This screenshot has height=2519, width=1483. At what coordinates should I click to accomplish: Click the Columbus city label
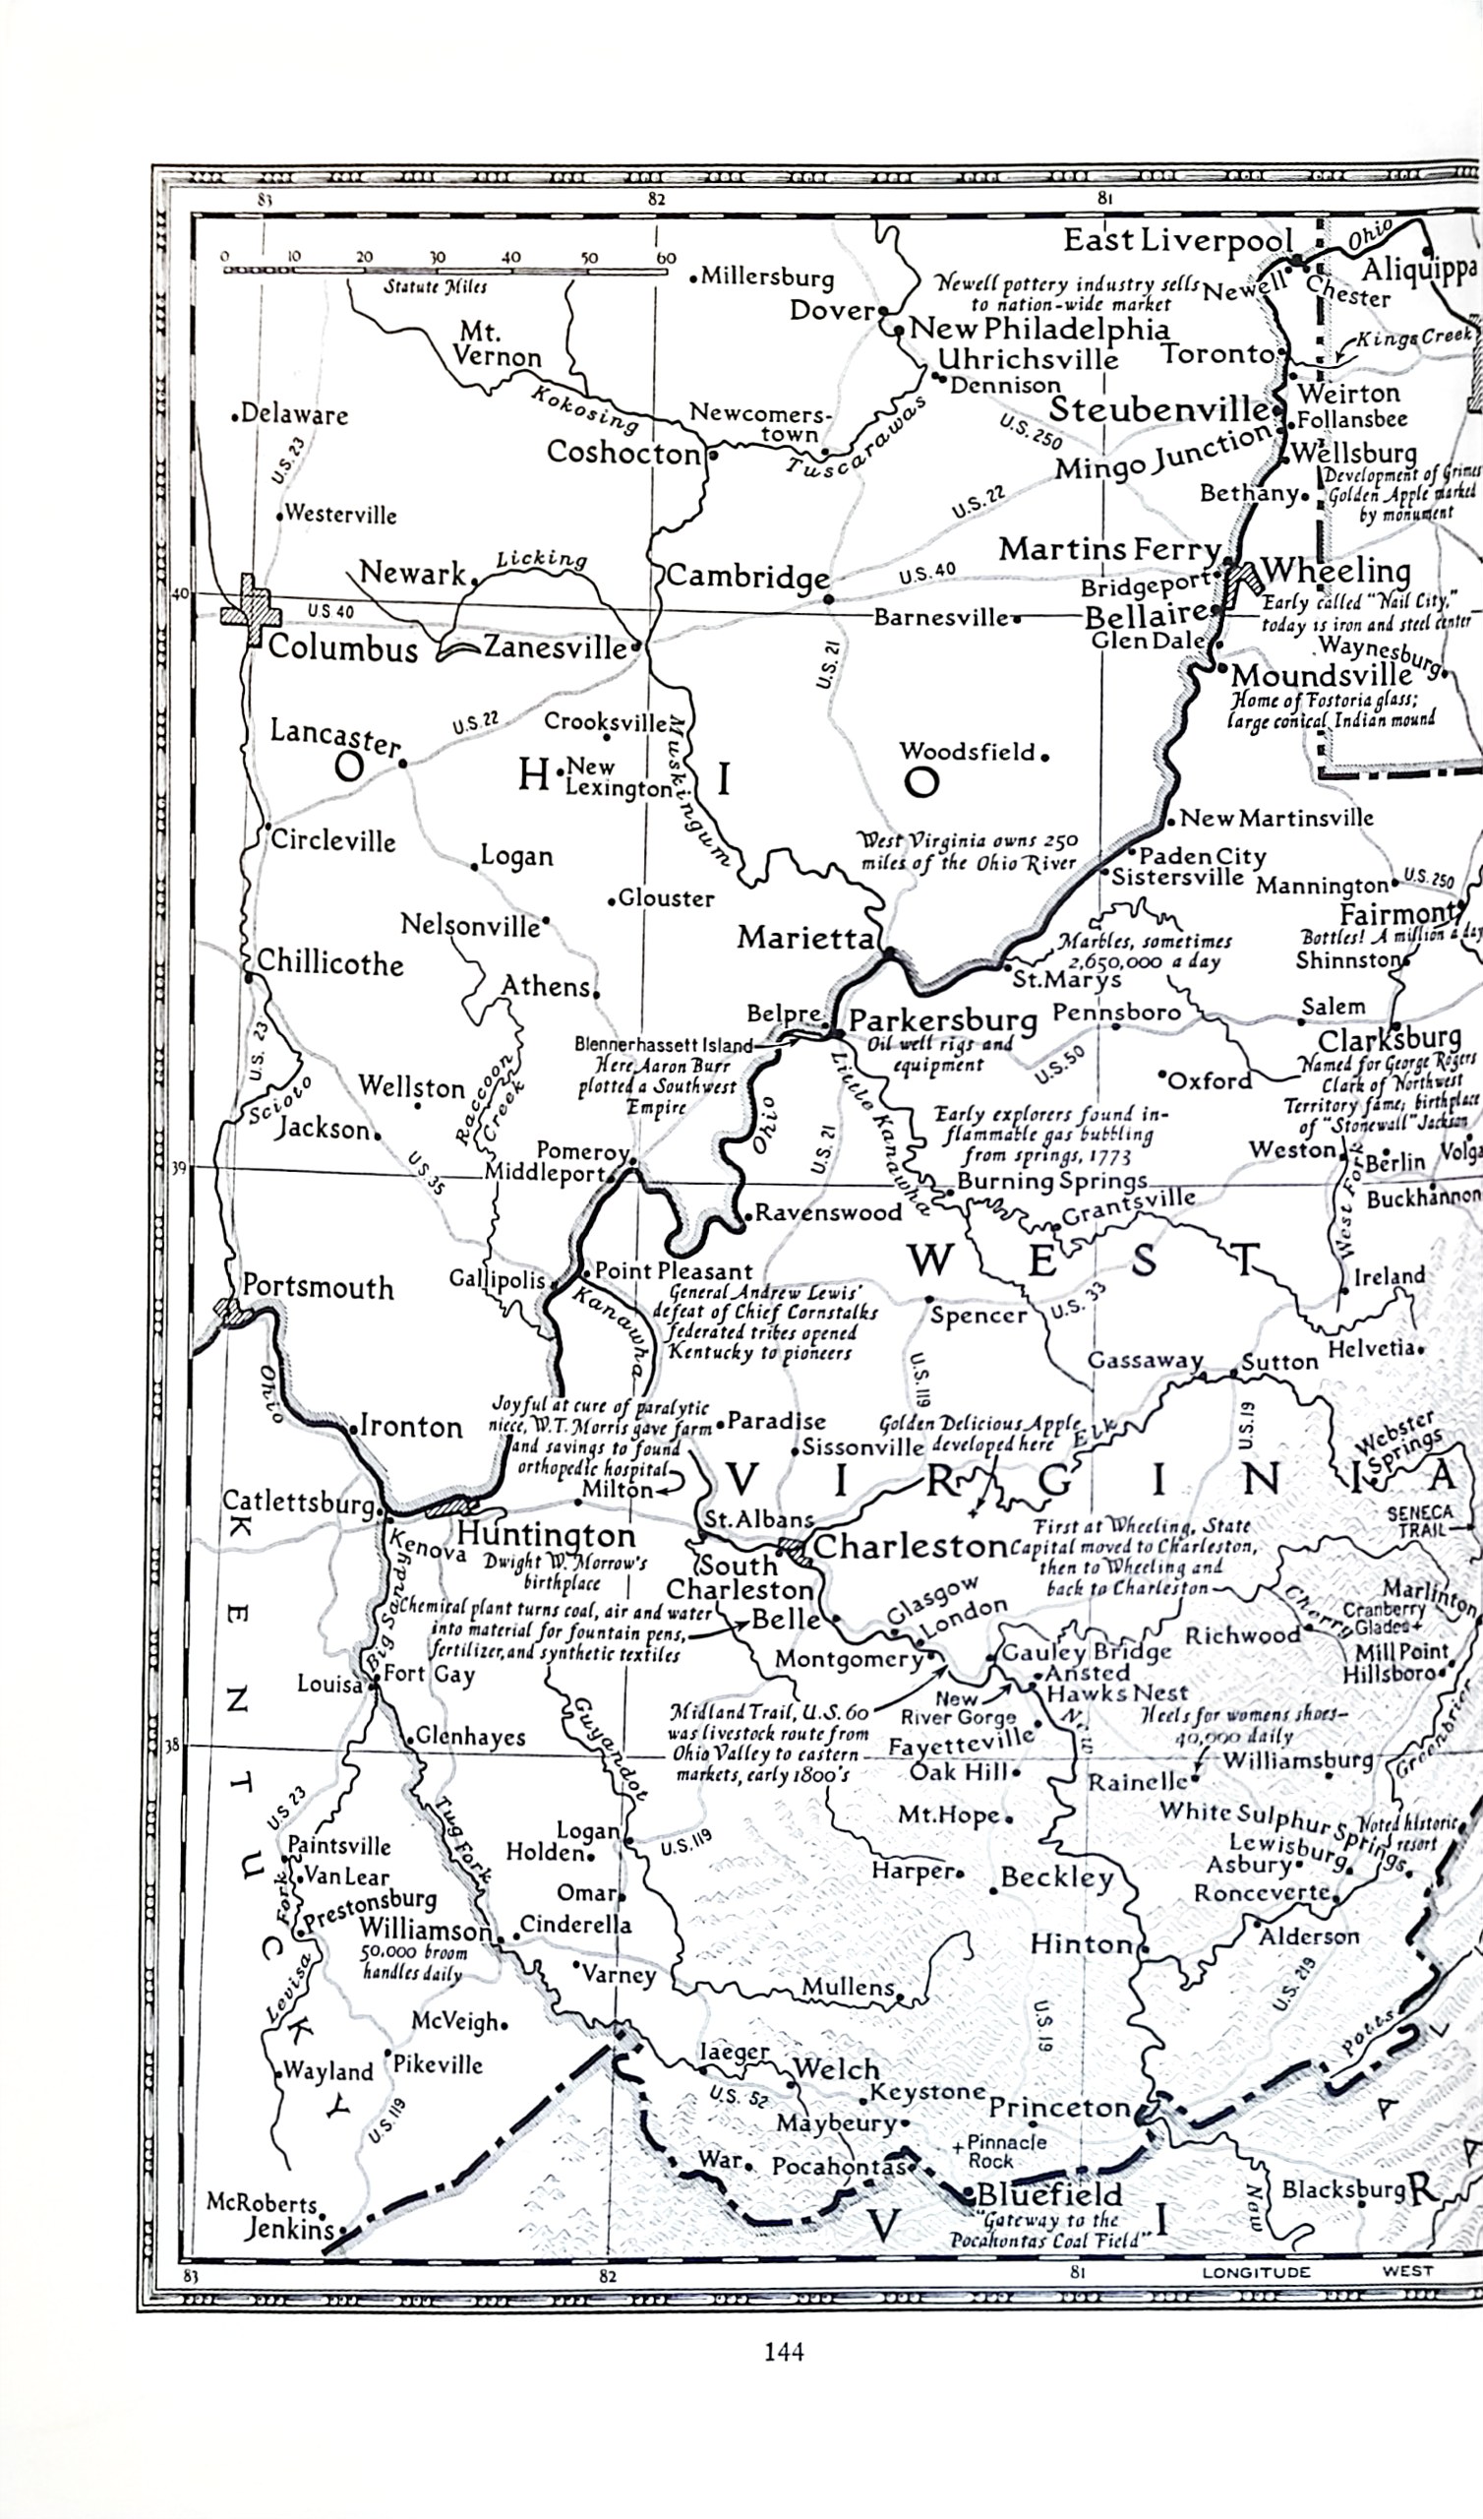(x=343, y=648)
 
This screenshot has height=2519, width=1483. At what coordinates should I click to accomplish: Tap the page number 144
(x=784, y=2351)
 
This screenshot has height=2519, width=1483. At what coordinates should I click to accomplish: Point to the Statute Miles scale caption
(x=437, y=287)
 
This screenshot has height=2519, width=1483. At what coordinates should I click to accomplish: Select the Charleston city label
(x=910, y=1547)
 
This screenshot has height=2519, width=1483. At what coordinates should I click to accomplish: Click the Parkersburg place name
(x=943, y=1020)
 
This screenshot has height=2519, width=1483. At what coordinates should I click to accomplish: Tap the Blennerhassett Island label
(x=664, y=1045)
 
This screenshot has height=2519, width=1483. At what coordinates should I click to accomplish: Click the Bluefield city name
(x=1049, y=2194)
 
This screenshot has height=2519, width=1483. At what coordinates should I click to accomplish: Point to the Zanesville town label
(x=555, y=647)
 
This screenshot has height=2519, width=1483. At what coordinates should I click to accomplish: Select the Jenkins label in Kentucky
(x=289, y=2228)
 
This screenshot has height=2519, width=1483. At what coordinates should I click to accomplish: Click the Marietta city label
(x=805, y=938)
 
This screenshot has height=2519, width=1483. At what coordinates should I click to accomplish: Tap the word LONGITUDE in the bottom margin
(x=1255, y=2272)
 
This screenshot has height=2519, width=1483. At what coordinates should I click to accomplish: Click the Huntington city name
(x=546, y=1534)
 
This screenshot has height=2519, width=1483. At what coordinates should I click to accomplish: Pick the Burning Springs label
(x=1051, y=1182)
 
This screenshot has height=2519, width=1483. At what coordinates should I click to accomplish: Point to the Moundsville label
(x=1321, y=676)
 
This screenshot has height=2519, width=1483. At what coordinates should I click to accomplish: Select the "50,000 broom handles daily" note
(x=413, y=1962)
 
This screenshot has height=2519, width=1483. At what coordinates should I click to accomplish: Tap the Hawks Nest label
(x=1116, y=1692)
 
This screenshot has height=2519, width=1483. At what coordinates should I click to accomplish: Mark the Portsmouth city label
(x=318, y=1286)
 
